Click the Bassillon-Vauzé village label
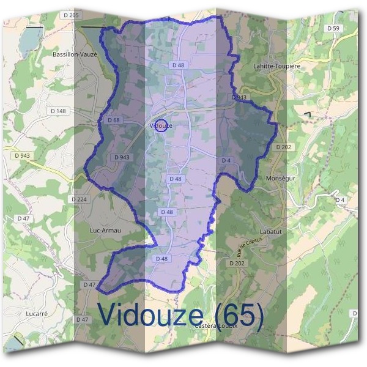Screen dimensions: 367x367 [x=76, y=54]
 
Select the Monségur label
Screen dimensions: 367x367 [x=280, y=178]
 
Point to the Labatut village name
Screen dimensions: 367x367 [x=271, y=231]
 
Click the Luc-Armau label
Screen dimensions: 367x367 [x=105, y=230]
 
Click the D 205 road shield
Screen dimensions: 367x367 [x=70, y=15]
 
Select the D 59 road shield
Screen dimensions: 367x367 [x=333, y=28]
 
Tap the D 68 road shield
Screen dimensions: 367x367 [x=113, y=120]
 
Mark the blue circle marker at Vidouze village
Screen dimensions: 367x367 [x=161, y=125]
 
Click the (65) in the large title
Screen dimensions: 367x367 [x=235, y=314]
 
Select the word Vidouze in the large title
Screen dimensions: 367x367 [x=150, y=314]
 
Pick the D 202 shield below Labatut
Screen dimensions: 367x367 [x=237, y=263]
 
